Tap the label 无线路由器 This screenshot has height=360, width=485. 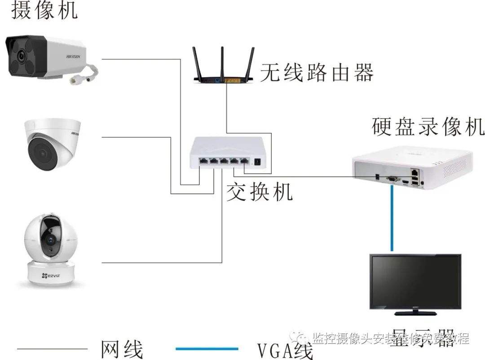pos(317,72)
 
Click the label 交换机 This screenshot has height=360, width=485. pos(259,192)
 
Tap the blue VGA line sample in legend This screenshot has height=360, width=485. pos(207,348)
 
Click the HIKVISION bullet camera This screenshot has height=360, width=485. pos(45,57)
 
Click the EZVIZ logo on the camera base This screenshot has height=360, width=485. pos(51,274)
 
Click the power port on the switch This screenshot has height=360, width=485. pos(258,162)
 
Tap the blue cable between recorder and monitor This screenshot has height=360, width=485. pos(392,220)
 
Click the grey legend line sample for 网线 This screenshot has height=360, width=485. pos(52,348)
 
